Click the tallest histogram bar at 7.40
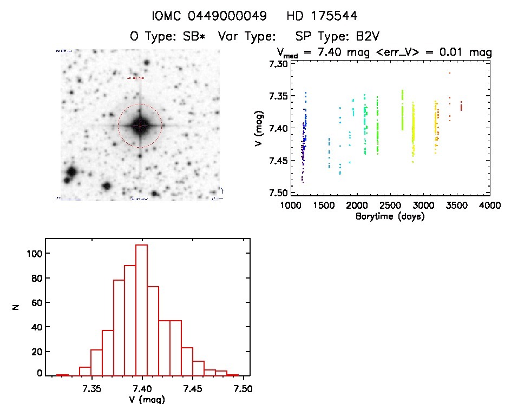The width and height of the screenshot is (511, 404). (142, 310)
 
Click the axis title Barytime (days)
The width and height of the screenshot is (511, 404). (390, 216)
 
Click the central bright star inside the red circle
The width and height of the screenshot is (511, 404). (140, 125)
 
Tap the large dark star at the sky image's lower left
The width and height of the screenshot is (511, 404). (70, 174)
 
